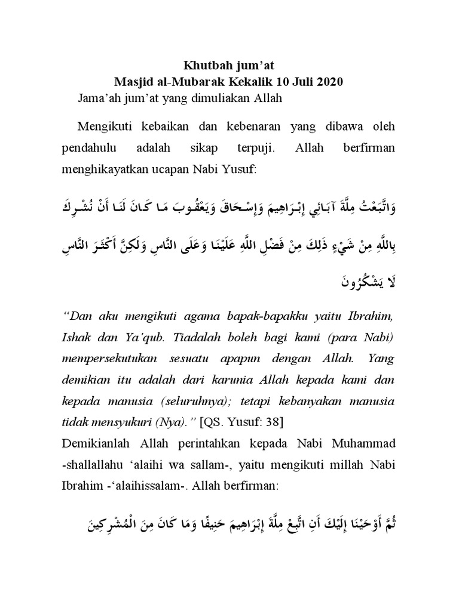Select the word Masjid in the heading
point(134,82)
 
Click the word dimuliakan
point(222,98)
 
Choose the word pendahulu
point(90,147)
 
